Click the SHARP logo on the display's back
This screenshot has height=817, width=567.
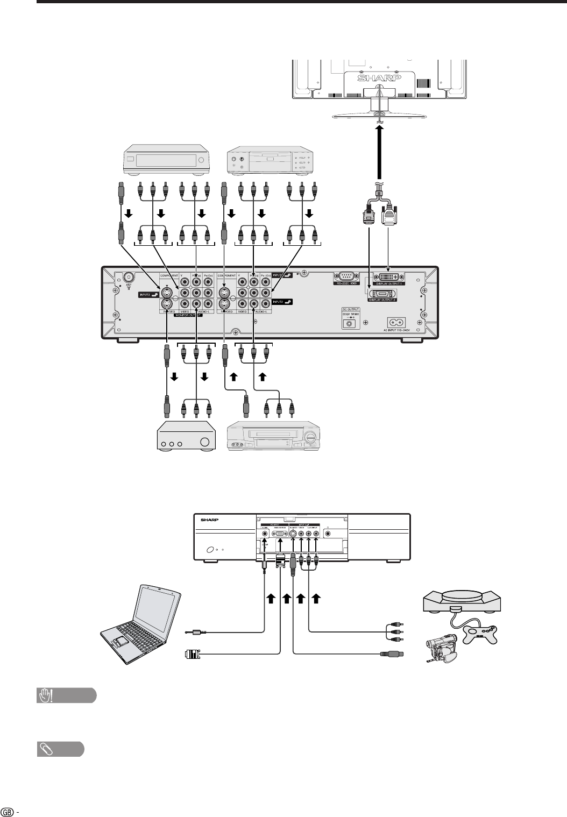(x=379, y=78)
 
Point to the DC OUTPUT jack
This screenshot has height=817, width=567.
(x=351, y=323)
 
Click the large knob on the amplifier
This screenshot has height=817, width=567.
(x=204, y=444)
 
